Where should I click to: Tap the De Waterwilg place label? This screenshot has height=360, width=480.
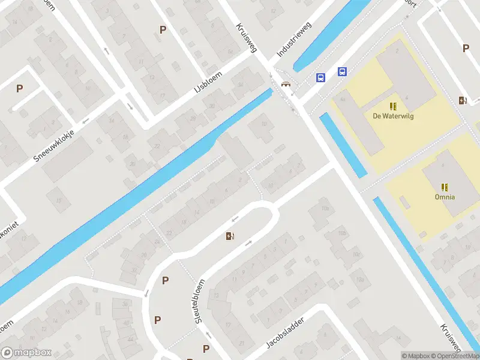pos(393,116)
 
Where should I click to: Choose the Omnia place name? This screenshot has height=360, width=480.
pos(445,197)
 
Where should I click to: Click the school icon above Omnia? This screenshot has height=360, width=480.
pos(445,187)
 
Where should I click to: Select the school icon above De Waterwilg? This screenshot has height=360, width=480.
pos(393,106)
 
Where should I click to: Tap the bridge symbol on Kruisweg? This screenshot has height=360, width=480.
pos(286,84)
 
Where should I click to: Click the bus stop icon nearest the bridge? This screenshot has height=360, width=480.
pos(320,77)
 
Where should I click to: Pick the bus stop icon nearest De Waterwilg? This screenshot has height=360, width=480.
pos(342,72)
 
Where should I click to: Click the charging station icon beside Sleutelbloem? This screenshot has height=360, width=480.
pos(229,236)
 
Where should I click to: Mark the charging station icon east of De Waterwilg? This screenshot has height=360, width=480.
pos(462,101)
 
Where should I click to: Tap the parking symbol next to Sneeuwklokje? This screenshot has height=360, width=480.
pos(19,88)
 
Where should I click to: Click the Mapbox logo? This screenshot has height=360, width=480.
pos(26,353)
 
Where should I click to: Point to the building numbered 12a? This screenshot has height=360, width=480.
pos(360,280)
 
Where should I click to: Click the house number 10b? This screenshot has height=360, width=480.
pos(341,233)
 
